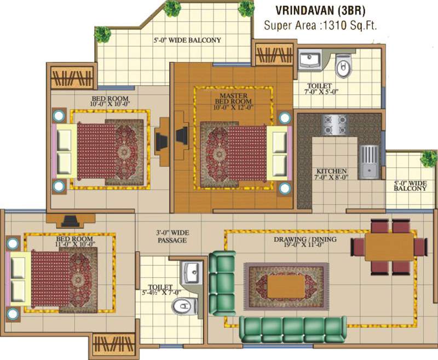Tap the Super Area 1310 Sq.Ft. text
[321, 25]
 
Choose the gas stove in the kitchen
[334, 124]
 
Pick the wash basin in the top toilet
[311, 60]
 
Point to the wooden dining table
[389, 247]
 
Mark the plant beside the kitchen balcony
[428, 158]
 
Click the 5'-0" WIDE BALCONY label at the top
[187, 40]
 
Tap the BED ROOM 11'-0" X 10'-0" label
[76, 241]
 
